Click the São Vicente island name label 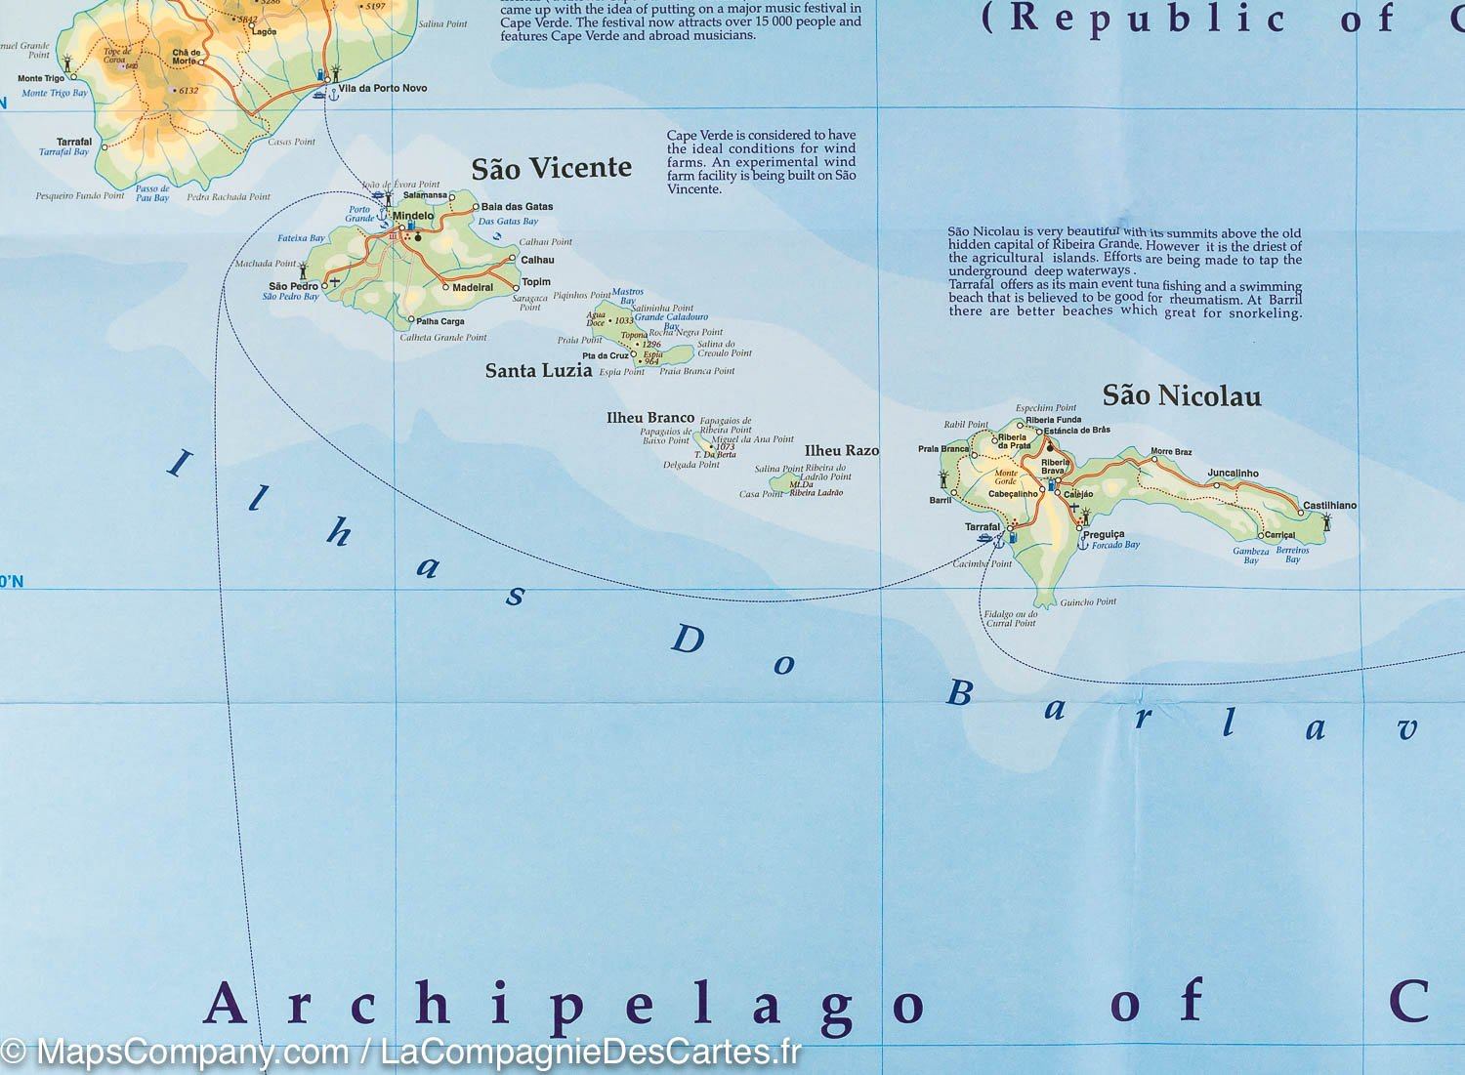[x=551, y=168]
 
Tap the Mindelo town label [x=413, y=216]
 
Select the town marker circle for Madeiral [x=445, y=287]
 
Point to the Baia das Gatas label [x=517, y=206]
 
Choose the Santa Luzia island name [x=538, y=370]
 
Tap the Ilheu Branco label [x=649, y=418]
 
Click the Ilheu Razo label [x=841, y=450]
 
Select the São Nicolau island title [x=1181, y=395]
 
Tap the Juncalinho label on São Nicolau [x=1233, y=474]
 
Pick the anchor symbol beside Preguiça [x=1082, y=544]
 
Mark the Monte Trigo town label [x=41, y=78]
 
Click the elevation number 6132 [x=188, y=91]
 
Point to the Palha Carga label [x=439, y=321]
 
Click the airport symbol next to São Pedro [x=335, y=281]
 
